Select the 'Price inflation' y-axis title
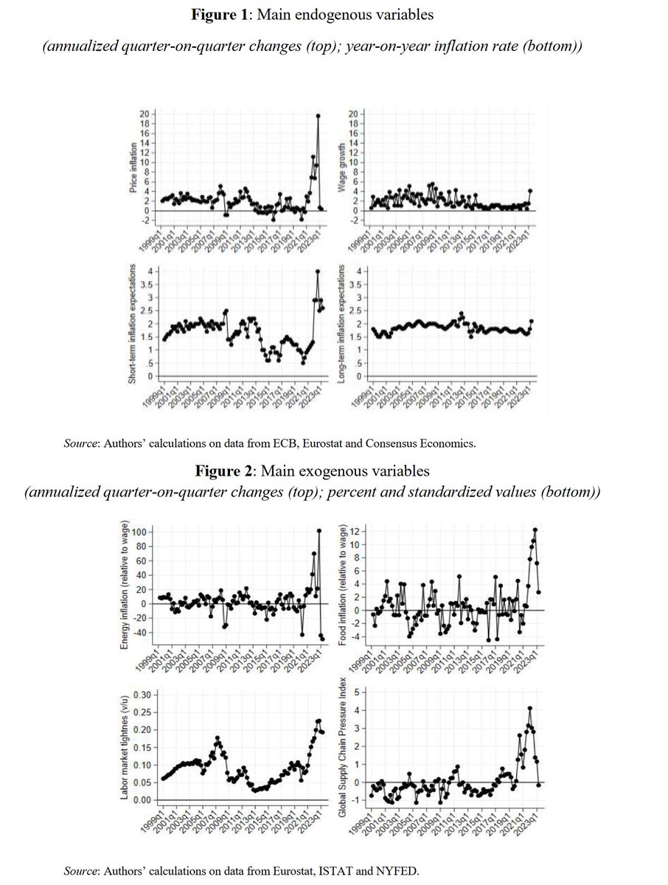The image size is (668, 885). pos(133,170)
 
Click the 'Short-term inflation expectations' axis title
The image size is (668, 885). pos(133,321)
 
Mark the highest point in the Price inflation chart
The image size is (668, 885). pos(318,115)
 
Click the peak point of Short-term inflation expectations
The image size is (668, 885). pos(318,271)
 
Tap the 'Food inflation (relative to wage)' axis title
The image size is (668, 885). pos(343,582)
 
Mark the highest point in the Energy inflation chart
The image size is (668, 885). pos(319,530)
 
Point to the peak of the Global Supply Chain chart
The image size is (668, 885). pos(529,709)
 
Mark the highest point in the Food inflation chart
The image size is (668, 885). pos(535,530)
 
